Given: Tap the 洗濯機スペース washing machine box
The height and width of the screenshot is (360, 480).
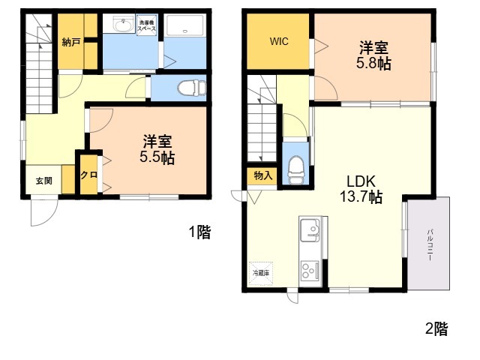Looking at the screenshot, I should pos(146,25).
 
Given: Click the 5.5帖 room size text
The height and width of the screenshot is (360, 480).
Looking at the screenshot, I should pos(158,158).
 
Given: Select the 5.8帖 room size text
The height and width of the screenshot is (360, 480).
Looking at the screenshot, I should pos(373,63).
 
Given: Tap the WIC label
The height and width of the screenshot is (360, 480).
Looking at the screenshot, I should pos(279,41).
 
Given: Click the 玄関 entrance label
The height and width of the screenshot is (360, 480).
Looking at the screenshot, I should pos(44,181).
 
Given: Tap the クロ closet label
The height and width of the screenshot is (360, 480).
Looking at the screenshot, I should pos(88,175).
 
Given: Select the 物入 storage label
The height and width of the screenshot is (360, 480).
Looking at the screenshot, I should pos(262,175).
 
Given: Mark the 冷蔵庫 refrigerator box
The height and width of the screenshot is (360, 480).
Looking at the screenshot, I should pos(260,272).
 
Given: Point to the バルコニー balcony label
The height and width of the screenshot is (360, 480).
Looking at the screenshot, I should pos(430,244).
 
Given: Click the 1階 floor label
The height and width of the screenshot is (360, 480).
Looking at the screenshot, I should pos(199,232).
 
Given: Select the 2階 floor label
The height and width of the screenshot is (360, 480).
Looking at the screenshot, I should pos(436,328).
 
